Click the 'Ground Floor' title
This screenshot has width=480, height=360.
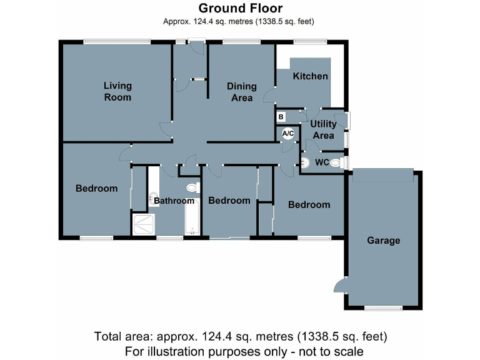241,8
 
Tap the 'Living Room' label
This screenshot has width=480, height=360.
117,91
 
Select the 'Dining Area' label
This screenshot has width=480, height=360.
240,92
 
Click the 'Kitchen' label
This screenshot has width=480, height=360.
310,76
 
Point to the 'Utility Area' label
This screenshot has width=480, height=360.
323,129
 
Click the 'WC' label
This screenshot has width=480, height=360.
322,162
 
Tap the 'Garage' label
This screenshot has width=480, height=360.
383,240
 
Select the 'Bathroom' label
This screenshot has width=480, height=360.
174,201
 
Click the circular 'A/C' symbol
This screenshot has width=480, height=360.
288,133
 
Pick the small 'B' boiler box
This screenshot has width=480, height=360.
281,117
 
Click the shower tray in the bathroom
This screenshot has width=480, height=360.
144,224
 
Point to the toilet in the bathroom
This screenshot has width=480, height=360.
192,187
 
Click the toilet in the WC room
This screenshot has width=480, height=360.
336,163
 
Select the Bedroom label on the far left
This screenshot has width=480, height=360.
96,188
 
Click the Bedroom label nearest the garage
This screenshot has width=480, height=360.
309,204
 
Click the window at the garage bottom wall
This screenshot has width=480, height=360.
383,307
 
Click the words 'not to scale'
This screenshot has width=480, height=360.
331,351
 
